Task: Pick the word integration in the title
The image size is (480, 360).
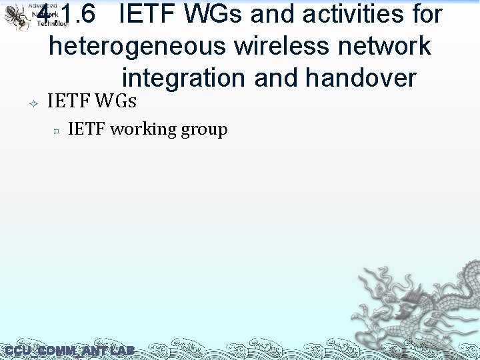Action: coord(185,78)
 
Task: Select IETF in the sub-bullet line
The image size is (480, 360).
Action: coord(87,129)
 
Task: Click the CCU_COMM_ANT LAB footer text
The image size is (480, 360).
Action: coord(69,351)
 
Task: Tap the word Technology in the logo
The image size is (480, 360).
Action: coord(52,23)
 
